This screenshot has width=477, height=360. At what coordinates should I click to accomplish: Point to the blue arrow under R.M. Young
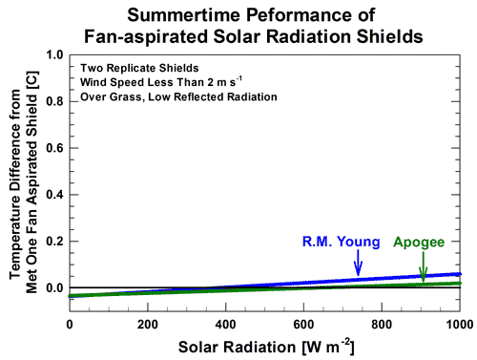point(358,264)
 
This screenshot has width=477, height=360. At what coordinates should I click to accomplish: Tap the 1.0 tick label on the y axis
point(55,55)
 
